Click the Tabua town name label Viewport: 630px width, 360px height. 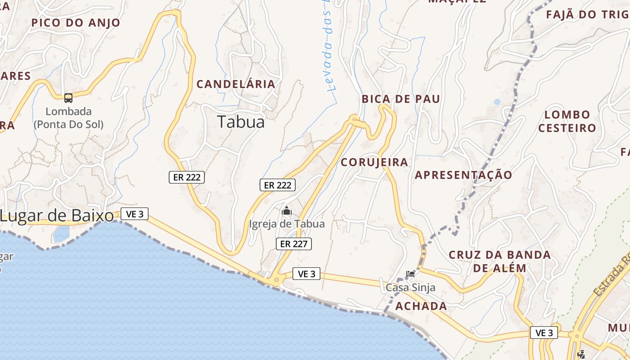coord(241,122)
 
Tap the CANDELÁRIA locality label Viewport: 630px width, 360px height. coord(236,84)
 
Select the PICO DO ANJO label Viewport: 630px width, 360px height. coord(76,23)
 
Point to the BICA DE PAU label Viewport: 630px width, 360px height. coord(401,99)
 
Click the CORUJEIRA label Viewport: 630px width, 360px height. coord(374,162)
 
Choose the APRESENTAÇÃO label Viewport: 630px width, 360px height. coord(463,175)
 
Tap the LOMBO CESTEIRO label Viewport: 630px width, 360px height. coord(567,121)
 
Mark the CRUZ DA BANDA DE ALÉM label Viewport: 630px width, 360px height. coord(499,261)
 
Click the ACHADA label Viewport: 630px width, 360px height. coord(421,306)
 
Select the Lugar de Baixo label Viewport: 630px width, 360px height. coord(57,216)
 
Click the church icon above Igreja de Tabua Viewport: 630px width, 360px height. coord(287,211)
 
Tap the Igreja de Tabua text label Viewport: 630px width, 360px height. coord(287,224)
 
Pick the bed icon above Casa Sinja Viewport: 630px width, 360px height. coord(410,274)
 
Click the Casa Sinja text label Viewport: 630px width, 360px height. coord(410,287)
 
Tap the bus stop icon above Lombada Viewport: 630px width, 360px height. coord(68,98)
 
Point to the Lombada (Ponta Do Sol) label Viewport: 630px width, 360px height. coord(68,118)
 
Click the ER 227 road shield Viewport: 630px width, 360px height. coord(293,244)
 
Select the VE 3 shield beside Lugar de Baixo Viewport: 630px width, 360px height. coord(135,214)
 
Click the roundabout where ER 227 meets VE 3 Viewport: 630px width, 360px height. coord(275,280)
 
